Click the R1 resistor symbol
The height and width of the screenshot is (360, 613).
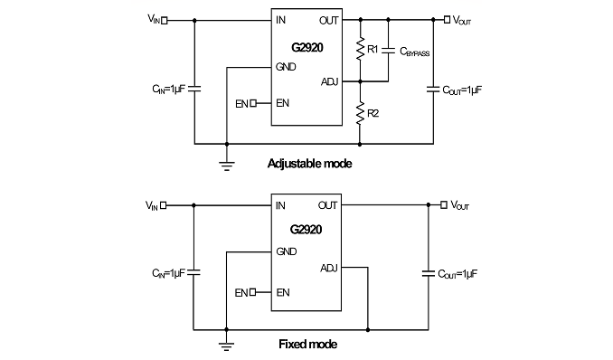(360, 49)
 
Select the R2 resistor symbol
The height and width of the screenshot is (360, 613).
(360, 113)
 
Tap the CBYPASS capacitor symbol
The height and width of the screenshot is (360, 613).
(388, 50)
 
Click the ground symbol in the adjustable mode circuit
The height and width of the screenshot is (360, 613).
(227, 166)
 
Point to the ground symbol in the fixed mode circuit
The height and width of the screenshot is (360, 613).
(226, 346)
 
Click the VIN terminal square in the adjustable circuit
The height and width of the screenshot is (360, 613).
(165, 20)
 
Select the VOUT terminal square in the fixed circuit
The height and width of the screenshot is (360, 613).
(444, 204)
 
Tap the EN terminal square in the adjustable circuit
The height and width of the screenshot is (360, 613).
(253, 103)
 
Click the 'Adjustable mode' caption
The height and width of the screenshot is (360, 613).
(309, 164)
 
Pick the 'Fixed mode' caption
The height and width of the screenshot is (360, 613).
(308, 345)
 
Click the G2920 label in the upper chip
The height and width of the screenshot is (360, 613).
(307, 48)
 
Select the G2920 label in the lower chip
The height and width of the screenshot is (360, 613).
(306, 230)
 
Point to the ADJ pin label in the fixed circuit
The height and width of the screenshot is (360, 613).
(329, 269)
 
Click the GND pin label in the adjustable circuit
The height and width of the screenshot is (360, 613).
(286, 67)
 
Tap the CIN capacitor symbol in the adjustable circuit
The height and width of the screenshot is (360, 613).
(194, 90)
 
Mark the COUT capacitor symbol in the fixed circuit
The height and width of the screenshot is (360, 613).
(429, 273)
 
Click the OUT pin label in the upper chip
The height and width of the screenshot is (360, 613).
(329, 21)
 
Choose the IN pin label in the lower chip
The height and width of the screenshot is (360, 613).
(280, 205)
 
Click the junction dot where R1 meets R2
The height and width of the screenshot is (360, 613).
(360, 81)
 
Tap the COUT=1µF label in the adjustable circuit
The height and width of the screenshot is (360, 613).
(462, 90)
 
